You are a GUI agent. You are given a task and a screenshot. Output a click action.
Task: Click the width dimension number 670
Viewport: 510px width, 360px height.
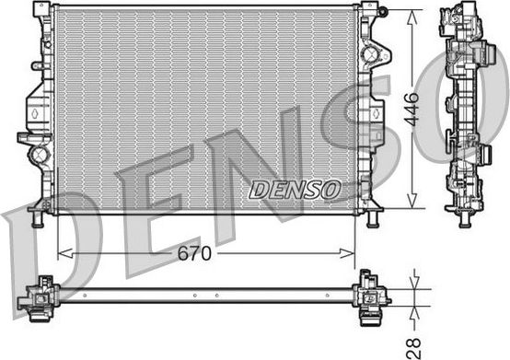[x=194, y=252]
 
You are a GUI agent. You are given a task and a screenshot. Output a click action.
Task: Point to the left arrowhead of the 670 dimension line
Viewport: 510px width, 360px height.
[x=62, y=252]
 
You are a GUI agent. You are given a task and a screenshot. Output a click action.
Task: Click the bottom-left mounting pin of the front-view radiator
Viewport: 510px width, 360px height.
[x=37, y=220]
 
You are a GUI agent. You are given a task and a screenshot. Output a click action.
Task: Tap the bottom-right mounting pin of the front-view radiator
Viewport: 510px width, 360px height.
[x=373, y=220]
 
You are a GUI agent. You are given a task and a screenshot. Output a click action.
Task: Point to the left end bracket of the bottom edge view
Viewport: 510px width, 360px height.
[x=39, y=296]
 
